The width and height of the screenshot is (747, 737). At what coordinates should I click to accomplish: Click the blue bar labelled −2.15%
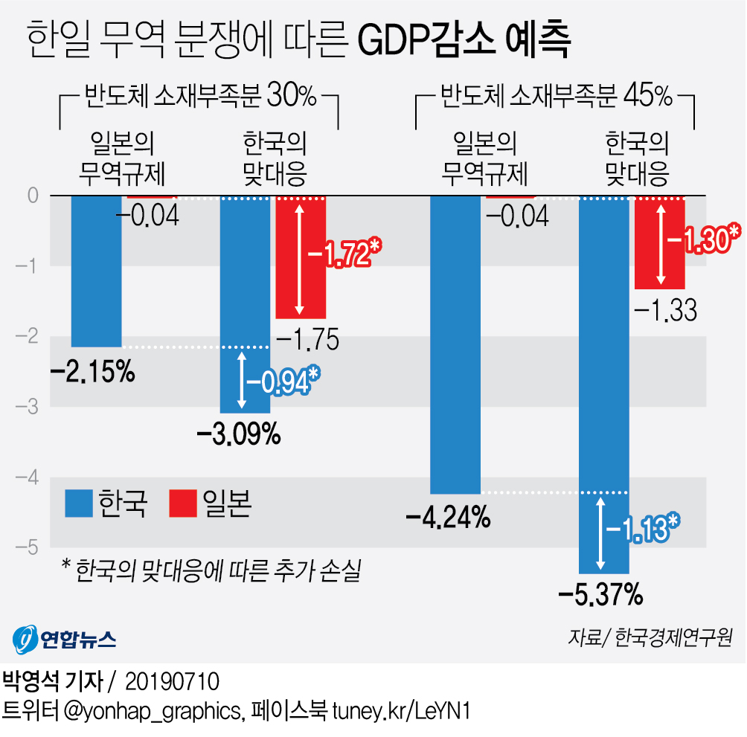96,271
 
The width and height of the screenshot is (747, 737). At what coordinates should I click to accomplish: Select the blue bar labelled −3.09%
246,305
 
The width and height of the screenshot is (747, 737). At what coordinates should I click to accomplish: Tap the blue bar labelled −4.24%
455,344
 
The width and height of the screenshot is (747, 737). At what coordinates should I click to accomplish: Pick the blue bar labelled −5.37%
603,384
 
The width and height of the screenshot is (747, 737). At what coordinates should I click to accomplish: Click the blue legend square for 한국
77,503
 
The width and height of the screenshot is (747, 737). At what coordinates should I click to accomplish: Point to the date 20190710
172,681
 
